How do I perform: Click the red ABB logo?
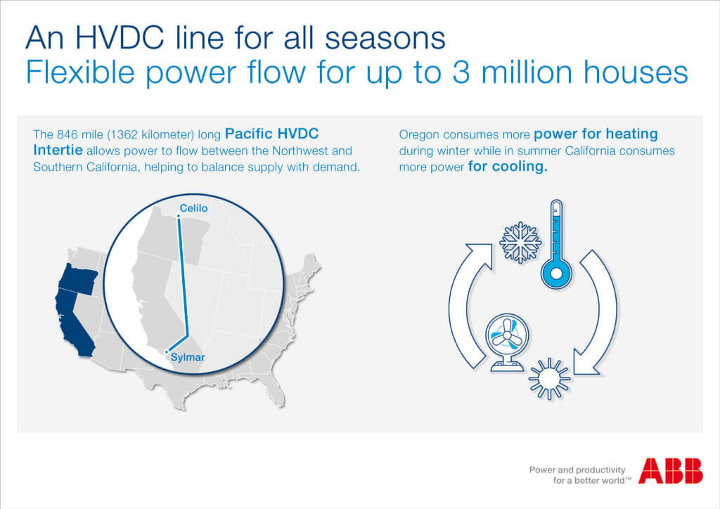(x=670, y=470)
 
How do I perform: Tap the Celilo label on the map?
(x=193, y=208)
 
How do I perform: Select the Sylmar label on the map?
(x=188, y=357)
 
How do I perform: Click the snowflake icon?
(x=520, y=243)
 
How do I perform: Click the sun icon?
(x=549, y=379)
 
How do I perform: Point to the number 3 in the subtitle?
(x=461, y=72)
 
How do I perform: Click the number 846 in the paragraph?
(x=67, y=134)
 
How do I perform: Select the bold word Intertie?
(x=58, y=150)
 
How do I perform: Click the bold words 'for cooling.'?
(x=508, y=166)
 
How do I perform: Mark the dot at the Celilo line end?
(x=179, y=216)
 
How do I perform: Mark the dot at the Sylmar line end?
(x=167, y=352)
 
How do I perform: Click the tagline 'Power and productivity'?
(x=577, y=470)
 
